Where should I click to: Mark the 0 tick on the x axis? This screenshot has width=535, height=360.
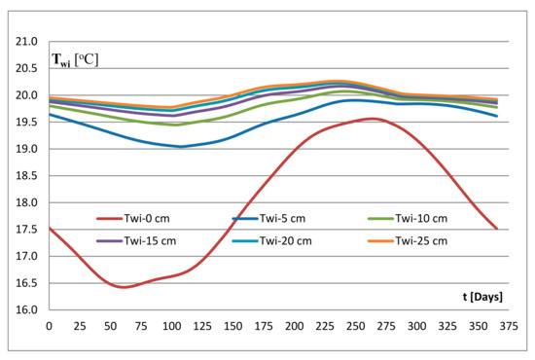click(x=50, y=325)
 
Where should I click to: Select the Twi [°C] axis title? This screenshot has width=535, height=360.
click(x=75, y=62)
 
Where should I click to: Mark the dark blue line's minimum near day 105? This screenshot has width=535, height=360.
click(x=180, y=147)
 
